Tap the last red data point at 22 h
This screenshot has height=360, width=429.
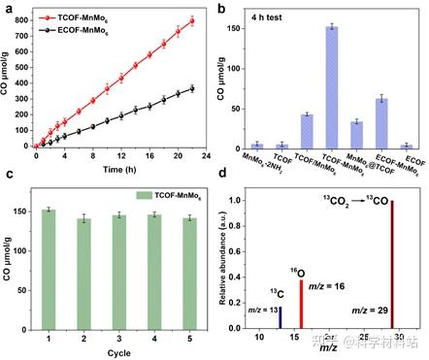(x=191, y=21)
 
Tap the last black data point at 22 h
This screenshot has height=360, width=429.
(x=191, y=89)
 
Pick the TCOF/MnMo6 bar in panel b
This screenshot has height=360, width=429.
(x=307, y=131)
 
